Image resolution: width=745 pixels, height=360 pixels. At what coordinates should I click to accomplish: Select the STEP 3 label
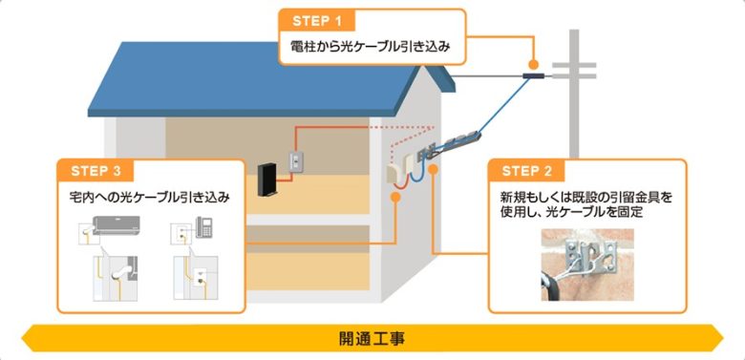coord(96,172)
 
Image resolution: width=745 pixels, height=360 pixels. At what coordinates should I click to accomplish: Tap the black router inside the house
coord(267,180)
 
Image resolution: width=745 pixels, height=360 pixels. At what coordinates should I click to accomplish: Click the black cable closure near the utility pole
coord(534,74)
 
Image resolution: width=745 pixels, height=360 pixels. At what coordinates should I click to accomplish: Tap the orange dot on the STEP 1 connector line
coord(532,62)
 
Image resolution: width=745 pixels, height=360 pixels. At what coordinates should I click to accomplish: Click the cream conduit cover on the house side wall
coord(398,171)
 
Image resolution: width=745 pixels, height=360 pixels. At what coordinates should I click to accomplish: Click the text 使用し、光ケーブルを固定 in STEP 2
coord(563,213)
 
